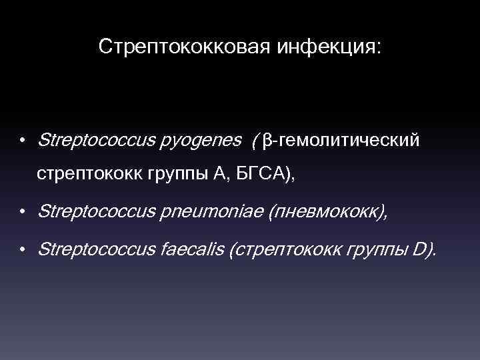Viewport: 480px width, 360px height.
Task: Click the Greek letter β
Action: click(x=267, y=141)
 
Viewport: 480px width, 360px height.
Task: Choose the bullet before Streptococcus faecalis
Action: click(x=22, y=251)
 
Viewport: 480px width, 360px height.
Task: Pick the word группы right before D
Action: click(x=377, y=250)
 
